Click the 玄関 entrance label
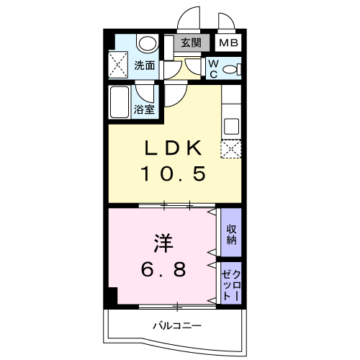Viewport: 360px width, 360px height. tap(191, 42)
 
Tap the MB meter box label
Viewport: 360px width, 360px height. tap(228, 43)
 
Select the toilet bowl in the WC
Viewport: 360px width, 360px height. tap(230, 69)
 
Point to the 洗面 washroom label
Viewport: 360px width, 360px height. tap(144, 66)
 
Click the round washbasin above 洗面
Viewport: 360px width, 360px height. tap(147, 43)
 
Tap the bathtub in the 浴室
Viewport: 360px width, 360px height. tap(120, 102)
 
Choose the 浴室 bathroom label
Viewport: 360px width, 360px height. tap(144, 109)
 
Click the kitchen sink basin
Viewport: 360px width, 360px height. tap(231, 126)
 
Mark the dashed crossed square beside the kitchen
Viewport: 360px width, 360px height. tap(231, 149)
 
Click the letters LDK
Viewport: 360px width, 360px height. tap(173, 148)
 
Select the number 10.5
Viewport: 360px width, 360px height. tap(173, 174)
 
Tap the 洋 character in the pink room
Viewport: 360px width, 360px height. tap(163, 243)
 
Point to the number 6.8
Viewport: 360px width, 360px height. tap(163, 269)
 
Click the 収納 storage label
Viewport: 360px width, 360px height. tap(231, 235)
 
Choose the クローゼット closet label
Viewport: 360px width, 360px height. tap(231, 284)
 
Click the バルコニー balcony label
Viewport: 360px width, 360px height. tap(177, 325)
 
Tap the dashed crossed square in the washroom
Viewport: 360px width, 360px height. tap(118, 64)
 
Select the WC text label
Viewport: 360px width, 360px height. tap(214, 69)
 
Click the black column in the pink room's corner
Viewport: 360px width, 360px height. tap(112, 296)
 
